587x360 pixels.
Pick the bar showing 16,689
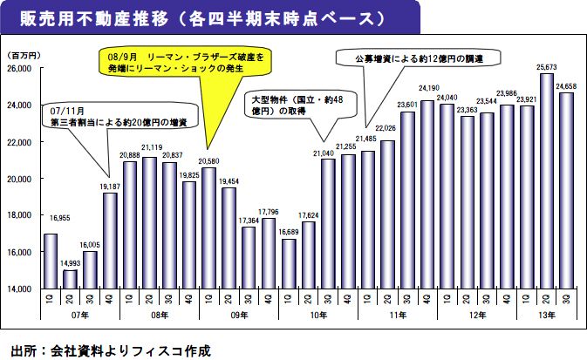(290, 263)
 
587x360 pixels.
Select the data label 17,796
(269, 211)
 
